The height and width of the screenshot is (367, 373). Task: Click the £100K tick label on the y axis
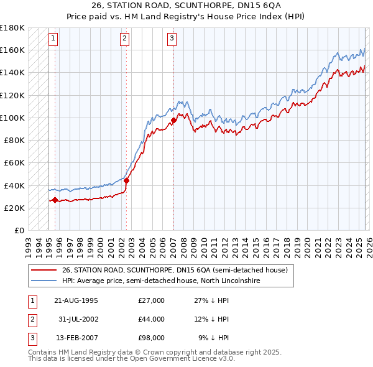tap(12, 118)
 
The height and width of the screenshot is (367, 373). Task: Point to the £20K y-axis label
tap(14, 208)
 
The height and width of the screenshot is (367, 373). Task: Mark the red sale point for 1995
tap(55, 200)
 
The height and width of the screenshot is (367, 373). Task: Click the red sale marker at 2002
tap(126, 181)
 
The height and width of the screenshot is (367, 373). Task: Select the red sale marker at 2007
tap(173, 120)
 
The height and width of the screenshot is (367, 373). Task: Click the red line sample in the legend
tap(44, 271)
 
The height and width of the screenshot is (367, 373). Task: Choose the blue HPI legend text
tap(161, 281)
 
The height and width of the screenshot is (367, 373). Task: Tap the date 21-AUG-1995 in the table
tap(76, 300)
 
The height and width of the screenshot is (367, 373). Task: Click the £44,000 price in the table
tap(152, 319)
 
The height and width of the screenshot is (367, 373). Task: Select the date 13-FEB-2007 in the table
tap(76, 338)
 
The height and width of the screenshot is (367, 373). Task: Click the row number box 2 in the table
tap(31, 319)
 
